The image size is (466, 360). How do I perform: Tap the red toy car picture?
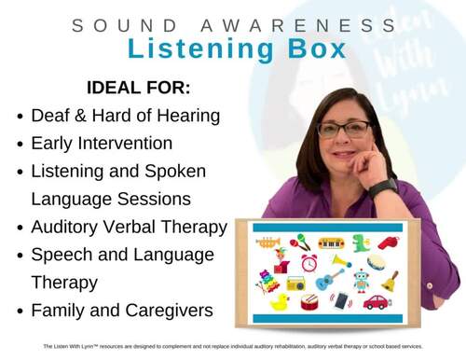(377, 301)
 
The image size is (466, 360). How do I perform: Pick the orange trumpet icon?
(268, 242)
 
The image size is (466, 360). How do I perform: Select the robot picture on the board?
(360, 279)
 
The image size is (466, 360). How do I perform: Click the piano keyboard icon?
(330, 242)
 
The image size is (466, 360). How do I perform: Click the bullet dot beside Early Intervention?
(21, 145)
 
